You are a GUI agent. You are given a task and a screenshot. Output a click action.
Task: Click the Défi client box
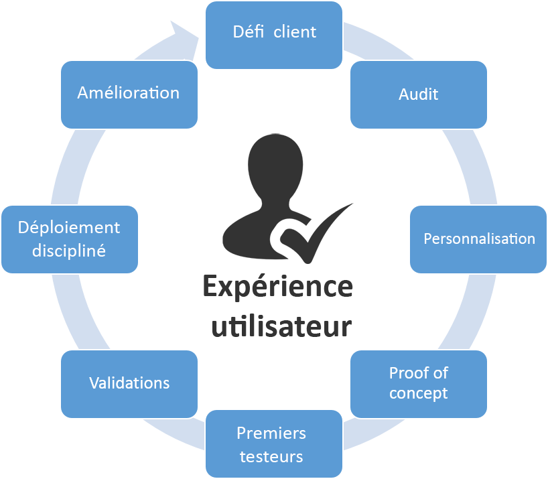[x=274, y=35]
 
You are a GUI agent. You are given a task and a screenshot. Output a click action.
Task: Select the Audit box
[x=418, y=94]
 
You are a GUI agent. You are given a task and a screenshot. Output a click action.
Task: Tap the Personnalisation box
[x=478, y=239]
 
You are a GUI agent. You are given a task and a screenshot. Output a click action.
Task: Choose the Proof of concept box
[x=418, y=383]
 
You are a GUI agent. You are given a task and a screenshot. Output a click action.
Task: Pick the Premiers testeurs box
[x=274, y=445]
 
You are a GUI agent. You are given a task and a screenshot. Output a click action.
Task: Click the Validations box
[x=129, y=383]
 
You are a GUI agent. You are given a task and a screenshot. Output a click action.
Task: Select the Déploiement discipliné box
[x=70, y=238]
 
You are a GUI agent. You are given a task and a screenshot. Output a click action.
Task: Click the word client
[x=295, y=31]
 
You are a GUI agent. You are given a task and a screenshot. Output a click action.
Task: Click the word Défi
[x=249, y=31]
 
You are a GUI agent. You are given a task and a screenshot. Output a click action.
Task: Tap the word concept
[x=418, y=393]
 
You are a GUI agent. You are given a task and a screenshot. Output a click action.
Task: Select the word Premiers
[x=271, y=433]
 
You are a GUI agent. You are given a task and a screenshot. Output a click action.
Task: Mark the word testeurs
[x=271, y=457]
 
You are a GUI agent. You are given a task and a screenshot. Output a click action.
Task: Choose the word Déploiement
[x=69, y=228]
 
